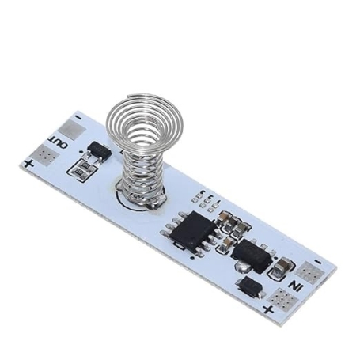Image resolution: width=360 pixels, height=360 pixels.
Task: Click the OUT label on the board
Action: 58,142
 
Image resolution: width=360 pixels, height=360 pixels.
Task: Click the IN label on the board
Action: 294,286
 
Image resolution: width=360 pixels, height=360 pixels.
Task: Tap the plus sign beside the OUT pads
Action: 28,164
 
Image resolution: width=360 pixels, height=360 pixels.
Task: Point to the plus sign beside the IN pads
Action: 268,310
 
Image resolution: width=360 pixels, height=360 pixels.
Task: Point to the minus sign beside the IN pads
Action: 319,262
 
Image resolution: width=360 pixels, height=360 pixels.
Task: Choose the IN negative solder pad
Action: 309,272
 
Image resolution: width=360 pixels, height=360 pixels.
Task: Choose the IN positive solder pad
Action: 282,298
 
